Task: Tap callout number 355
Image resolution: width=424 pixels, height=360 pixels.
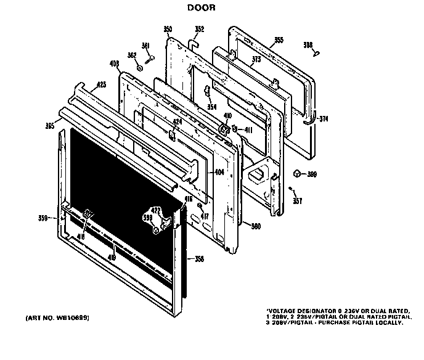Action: tap(279, 41)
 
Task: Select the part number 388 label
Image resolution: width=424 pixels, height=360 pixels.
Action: tap(308, 45)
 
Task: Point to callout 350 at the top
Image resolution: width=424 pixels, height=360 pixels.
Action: tap(168, 29)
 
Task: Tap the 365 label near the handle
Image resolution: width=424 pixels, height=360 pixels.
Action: tap(49, 126)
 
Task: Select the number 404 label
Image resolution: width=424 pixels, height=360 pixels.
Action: tap(219, 172)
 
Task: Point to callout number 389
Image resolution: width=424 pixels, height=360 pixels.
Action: tap(312, 174)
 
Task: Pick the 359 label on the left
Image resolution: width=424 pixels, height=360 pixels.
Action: tap(43, 217)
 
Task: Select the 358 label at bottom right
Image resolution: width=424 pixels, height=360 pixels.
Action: tap(198, 258)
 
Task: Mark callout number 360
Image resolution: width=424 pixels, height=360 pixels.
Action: tap(255, 226)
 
